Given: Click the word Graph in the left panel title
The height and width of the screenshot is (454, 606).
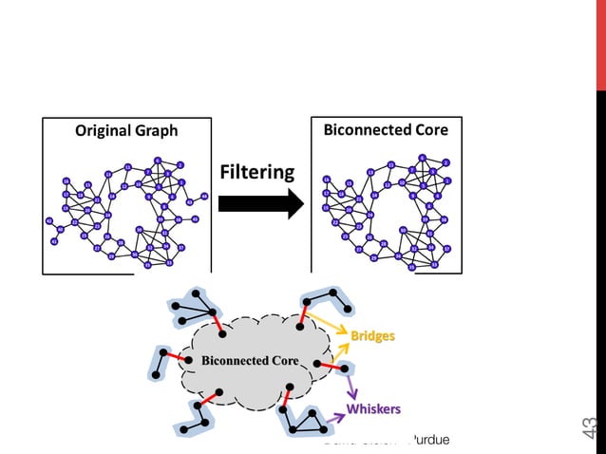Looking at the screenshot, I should [x=154, y=131].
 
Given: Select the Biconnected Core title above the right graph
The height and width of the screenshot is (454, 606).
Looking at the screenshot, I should [x=386, y=129].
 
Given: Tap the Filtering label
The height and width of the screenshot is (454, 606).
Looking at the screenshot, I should [x=256, y=173].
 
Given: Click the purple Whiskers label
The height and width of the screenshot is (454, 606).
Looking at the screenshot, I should [x=372, y=408].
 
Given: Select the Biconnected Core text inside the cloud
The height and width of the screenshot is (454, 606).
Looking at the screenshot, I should [x=250, y=361].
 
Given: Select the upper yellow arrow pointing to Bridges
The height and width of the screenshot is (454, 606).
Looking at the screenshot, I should [x=328, y=325].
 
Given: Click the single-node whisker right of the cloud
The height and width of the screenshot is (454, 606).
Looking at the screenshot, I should [x=346, y=368].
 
